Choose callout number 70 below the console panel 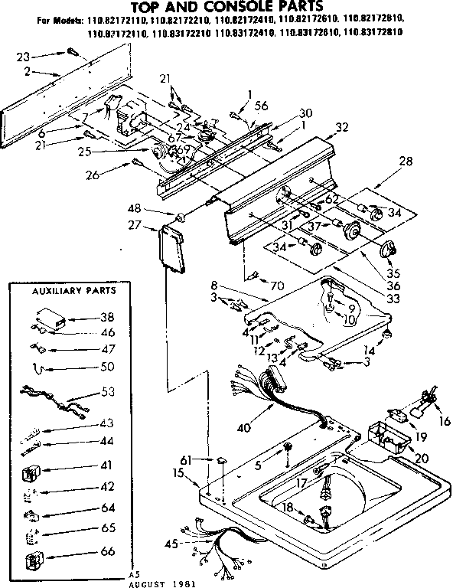(278, 286)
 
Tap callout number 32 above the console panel (342, 127)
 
